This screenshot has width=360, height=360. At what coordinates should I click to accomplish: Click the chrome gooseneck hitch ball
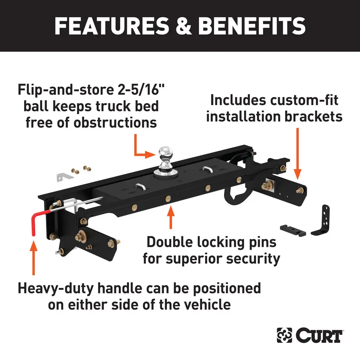click(165, 155)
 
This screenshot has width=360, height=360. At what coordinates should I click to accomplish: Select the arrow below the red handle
click(33, 258)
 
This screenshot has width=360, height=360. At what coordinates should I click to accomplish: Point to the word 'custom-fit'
click(304, 100)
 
